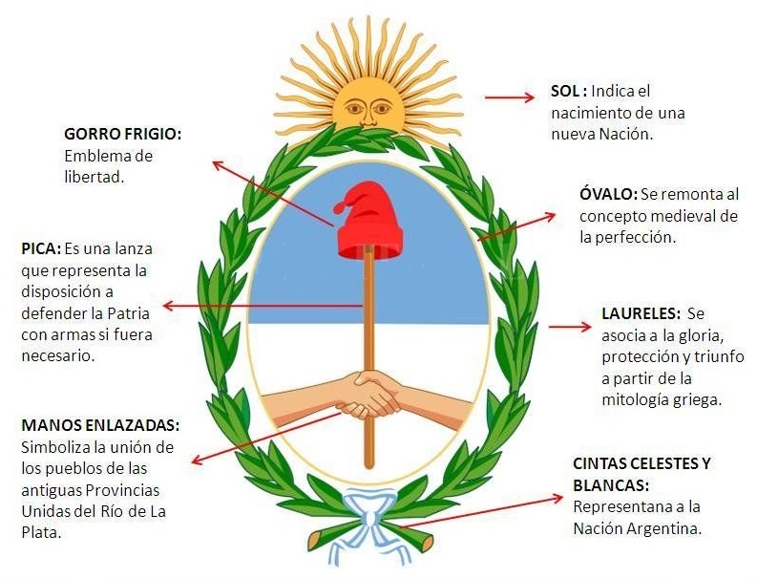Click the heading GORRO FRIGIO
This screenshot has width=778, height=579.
pyautogui.click(x=122, y=134)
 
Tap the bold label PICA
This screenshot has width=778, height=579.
pyautogui.click(x=40, y=248)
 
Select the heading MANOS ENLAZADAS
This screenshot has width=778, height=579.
pyautogui.click(x=99, y=425)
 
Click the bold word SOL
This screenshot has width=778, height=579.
pyautogui.click(x=567, y=92)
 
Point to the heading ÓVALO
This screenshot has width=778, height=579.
pyautogui.click(x=608, y=194)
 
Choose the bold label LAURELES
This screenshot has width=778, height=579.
pyautogui.click(x=641, y=313)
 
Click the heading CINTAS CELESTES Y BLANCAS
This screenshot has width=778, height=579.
pyautogui.click(x=641, y=474)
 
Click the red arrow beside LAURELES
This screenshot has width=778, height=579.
pyautogui.click(x=571, y=326)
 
